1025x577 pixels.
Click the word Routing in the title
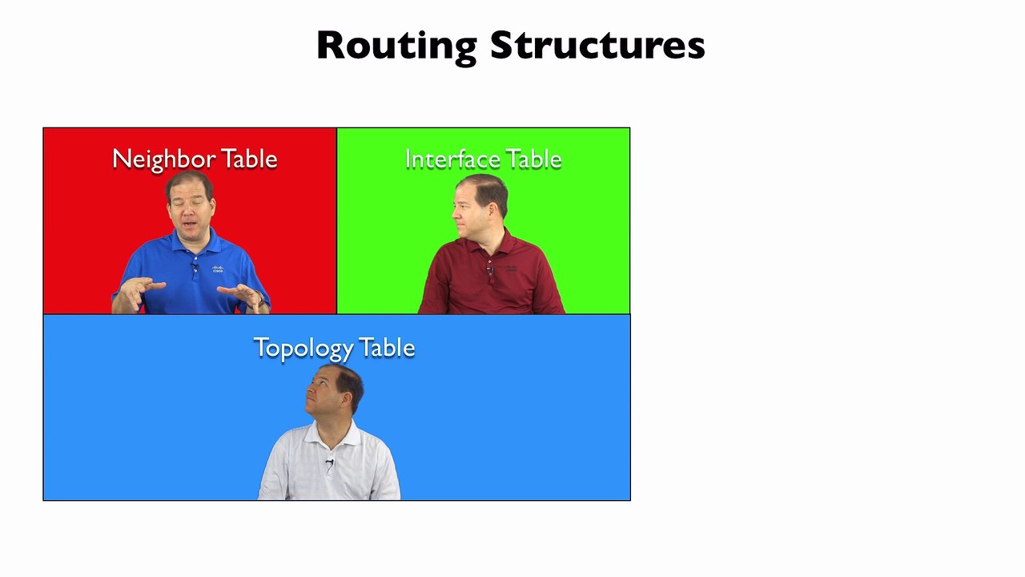tap(396, 46)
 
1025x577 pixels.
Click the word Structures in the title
tap(597, 46)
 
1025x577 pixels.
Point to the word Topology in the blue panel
tap(302, 348)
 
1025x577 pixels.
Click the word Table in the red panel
tap(249, 159)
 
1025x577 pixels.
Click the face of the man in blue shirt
tap(190, 211)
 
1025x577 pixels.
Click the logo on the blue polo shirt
tap(218, 268)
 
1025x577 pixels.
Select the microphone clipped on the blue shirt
tap(195, 267)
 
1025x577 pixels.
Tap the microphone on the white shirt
tap(329, 462)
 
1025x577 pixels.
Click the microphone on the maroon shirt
tap(489, 270)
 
